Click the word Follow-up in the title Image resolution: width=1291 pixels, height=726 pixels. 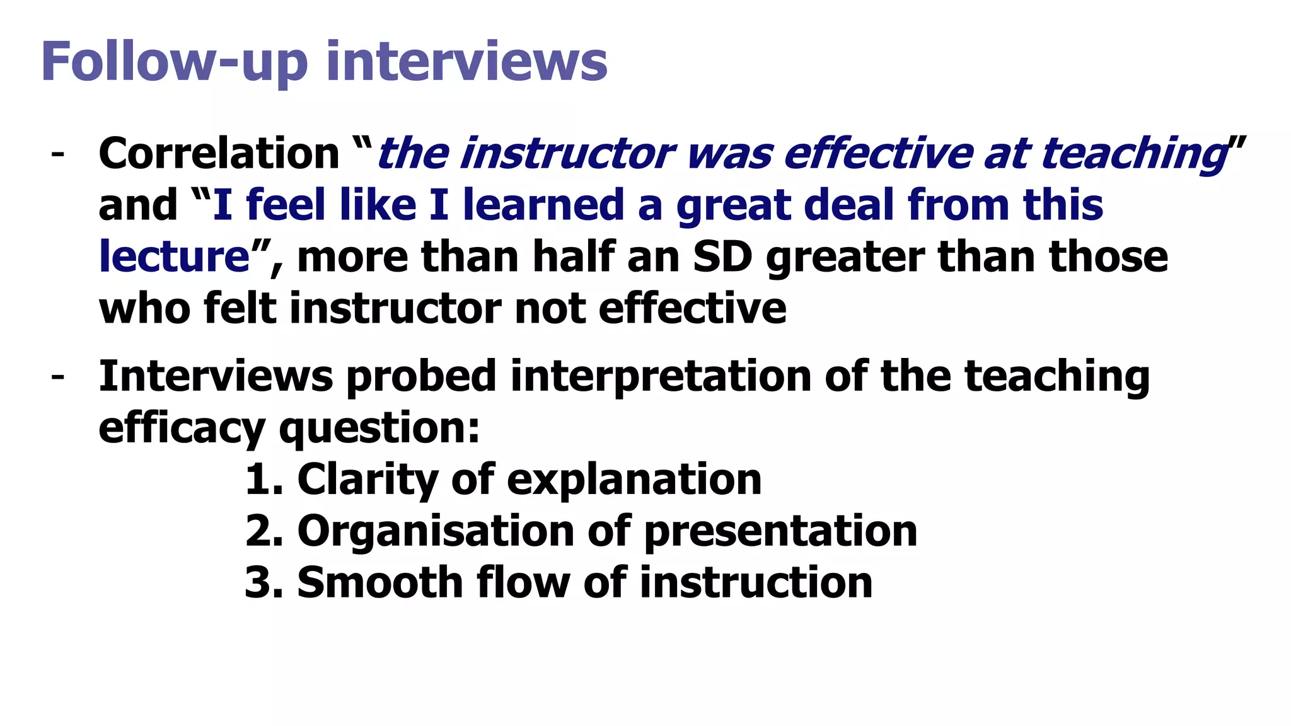coord(174,62)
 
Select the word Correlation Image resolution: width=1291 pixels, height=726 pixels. coord(219,154)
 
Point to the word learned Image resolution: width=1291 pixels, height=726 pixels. coord(543,205)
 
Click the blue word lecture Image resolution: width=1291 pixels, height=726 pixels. coord(175,257)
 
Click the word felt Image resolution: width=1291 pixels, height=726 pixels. coord(240,309)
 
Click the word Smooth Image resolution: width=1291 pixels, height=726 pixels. coord(380,582)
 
